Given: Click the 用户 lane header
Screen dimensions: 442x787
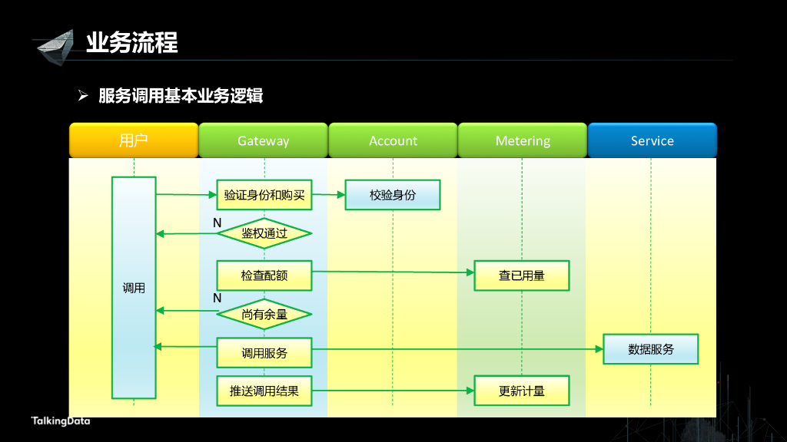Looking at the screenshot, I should pyautogui.click(x=134, y=140).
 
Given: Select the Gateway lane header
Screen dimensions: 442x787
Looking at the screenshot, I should pyautogui.click(x=263, y=140).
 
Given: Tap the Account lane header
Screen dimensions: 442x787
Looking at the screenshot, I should pyautogui.click(x=393, y=140).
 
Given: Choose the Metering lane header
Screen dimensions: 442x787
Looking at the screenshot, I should pyautogui.click(x=523, y=140).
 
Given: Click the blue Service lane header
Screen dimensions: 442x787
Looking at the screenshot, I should pyautogui.click(x=652, y=140).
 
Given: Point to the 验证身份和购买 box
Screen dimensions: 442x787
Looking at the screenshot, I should pyautogui.click(x=264, y=195).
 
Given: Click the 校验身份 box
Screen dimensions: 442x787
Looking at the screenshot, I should pyautogui.click(x=393, y=195).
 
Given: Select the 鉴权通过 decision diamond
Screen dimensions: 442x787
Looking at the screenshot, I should pyautogui.click(x=264, y=233).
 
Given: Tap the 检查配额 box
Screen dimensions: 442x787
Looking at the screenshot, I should pyautogui.click(x=264, y=275).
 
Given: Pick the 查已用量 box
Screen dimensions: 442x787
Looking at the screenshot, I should pyautogui.click(x=522, y=275).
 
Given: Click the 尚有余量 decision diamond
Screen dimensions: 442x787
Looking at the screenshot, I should pyautogui.click(x=264, y=314).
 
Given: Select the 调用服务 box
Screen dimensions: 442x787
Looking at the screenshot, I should pyautogui.click(x=264, y=353).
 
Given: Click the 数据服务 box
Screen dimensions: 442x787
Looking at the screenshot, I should pyautogui.click(x=651, y=349).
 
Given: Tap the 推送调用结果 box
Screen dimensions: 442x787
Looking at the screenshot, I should pyautogui.click(x=264, y=391).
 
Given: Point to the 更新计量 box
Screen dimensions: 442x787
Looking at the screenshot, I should pyautogui.click(x=522, y=391).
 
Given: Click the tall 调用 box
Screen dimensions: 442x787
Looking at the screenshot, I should pyautogui.click(x=134, y=288).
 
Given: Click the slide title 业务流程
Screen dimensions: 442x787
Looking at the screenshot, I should pyautogui.click(x=132, y=42).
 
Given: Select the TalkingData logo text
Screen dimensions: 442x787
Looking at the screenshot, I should pyautogui.click(x=61, y=421).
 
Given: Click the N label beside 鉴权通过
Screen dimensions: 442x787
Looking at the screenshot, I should pyautogui.click(x=218, y=223).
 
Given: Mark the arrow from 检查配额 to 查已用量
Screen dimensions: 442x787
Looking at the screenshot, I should pyautogui.click(x=393, y=272).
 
